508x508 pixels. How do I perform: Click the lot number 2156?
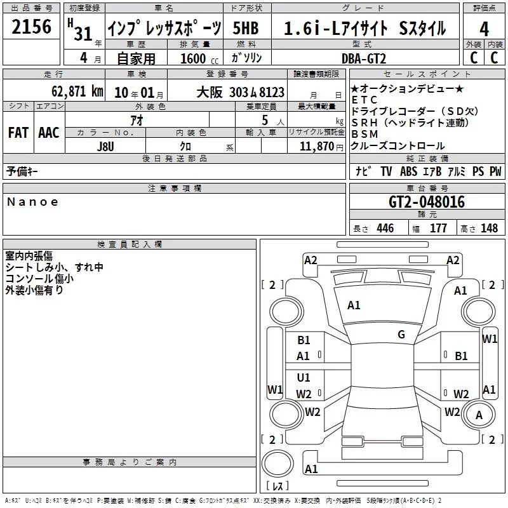click(32, 28)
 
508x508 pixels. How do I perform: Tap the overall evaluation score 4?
click(485, 29)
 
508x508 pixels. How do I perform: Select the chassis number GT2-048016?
click(426, 203)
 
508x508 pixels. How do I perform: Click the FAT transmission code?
click(18, 133)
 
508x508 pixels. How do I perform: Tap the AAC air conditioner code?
click(48, 133)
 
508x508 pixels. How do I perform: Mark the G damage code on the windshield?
click(401, 335)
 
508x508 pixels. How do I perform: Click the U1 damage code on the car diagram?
click(304, 377)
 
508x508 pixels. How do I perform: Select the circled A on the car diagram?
click(479, 415)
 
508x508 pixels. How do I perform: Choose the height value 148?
click(490, 229)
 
